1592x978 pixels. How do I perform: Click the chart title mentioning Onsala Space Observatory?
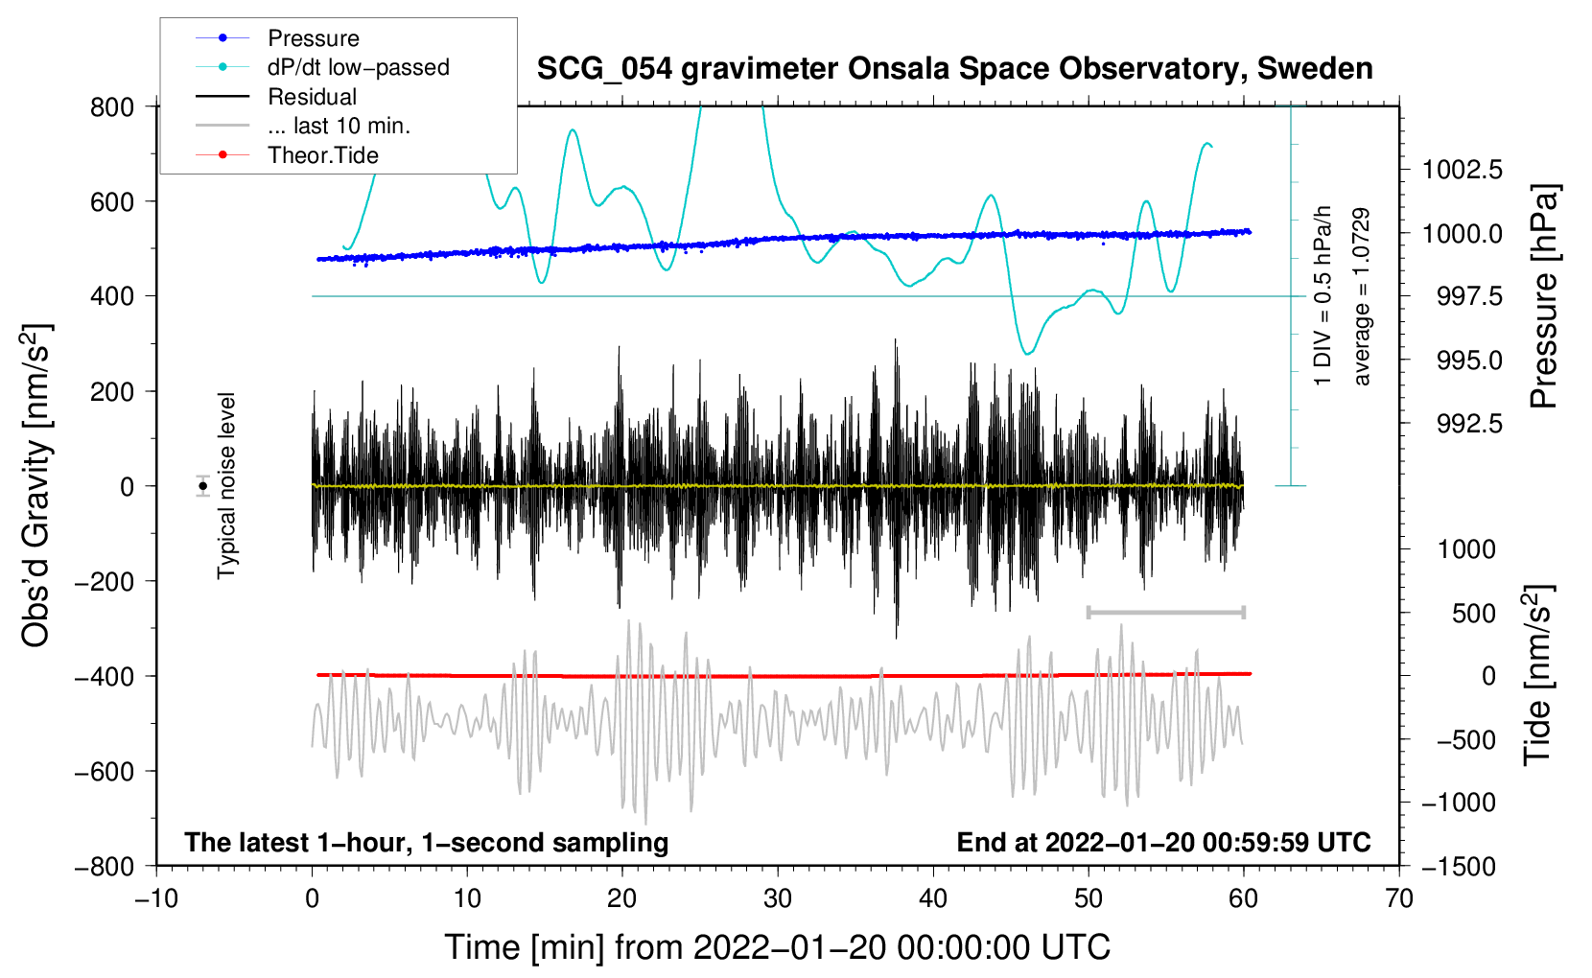[x=954, y=69]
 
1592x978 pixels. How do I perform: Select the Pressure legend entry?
[x=313, y=38]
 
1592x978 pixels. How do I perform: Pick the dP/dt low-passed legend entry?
[x=358, y=67]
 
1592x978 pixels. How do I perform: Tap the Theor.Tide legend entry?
[x=322, y=155]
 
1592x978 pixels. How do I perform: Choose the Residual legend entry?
[x=312, y=97]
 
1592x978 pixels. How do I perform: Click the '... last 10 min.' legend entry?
[x=339, y=126]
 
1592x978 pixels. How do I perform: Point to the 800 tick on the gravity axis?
[x=112, y=106]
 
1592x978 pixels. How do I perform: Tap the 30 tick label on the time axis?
[x=778, y=898]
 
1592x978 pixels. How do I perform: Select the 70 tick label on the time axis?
[x=1399, y=898]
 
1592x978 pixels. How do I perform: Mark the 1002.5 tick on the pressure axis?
[x=1462, y=171]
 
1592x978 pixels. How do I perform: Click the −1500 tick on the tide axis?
[x=1459, y=866]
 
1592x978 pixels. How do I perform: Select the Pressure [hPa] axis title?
[x=1543, y=297]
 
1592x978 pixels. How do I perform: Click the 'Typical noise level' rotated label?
[x=226, y=486]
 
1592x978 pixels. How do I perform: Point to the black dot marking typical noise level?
[x=203, y=486]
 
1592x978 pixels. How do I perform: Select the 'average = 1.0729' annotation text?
[x=1362, y=297]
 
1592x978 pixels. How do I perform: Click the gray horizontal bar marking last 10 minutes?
[x=1165, y=612]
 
